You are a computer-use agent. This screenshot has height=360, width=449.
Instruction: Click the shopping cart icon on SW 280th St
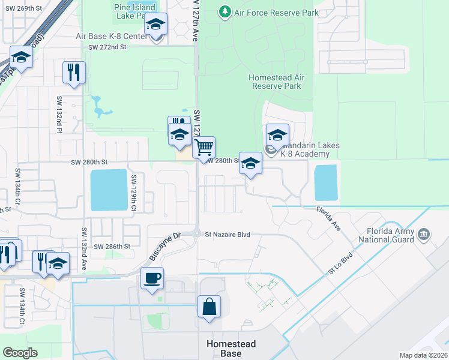tap(204, 146)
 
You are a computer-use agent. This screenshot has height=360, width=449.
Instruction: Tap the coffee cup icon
tap(151, 277)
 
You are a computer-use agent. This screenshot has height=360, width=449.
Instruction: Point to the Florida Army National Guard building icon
tap(424, 233)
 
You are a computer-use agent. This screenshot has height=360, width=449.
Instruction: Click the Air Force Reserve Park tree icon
tap(224, 11)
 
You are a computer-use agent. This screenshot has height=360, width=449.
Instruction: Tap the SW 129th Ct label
tap(134, 193)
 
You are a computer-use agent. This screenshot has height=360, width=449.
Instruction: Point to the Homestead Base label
tap(231, 349)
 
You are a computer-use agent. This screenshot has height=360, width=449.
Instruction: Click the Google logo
tap(20, 352)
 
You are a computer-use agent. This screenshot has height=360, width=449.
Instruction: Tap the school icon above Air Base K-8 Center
tap(156, 24)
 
